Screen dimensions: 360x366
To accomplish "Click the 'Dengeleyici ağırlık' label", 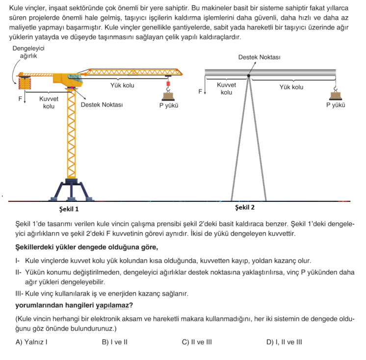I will pos(28,52).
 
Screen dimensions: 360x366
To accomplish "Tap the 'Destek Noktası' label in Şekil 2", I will pos(259,57).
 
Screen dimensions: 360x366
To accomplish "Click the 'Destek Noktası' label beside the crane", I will pos(102,105).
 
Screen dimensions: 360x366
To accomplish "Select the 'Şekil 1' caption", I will pos(69,209).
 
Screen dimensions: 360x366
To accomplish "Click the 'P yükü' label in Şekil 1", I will pos(168,105).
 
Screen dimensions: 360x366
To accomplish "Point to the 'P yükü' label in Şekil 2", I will pos(336,105).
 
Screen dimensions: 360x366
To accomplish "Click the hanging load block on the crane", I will pos(168,90).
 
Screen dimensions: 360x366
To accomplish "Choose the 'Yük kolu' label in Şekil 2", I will pos(291,87).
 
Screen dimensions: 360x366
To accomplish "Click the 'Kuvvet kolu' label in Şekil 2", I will pos(226,88).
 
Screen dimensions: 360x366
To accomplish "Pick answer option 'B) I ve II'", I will pos(115,342).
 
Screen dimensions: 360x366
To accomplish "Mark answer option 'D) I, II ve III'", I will pos(284,342).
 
